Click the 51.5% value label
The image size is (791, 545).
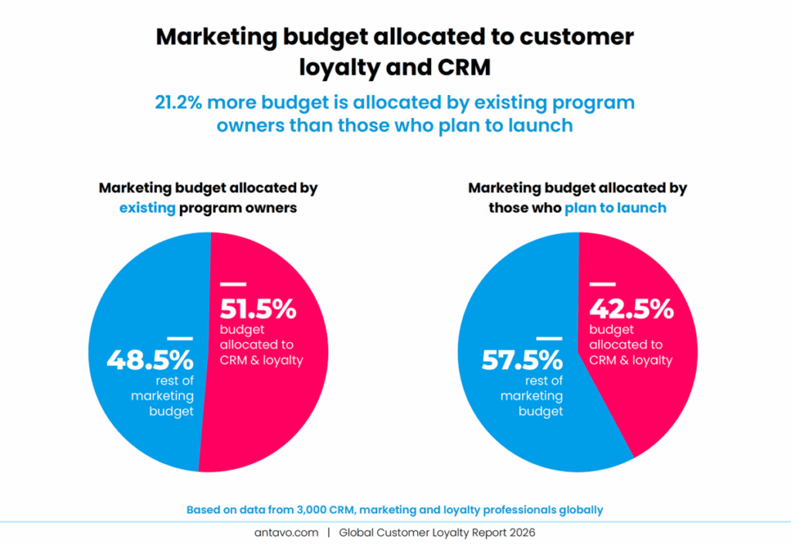tap(258, 309)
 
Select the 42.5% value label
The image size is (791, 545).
tap(630, 309)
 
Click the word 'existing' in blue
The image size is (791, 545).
tap(148, 208)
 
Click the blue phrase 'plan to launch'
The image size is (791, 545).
tap(615, 208)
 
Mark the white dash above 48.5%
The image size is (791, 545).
tap(179, 337)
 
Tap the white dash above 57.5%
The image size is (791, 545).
tap(548, 337)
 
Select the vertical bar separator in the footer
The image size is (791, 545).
tap(328, 533)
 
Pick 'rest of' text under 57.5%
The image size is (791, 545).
tap(544, 381)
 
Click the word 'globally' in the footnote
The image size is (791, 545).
tap(579, 509)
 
